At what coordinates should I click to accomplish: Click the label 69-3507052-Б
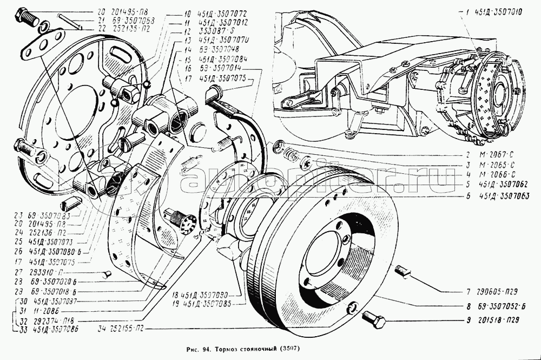(502, 305)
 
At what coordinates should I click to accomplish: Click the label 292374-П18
(53, 319)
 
